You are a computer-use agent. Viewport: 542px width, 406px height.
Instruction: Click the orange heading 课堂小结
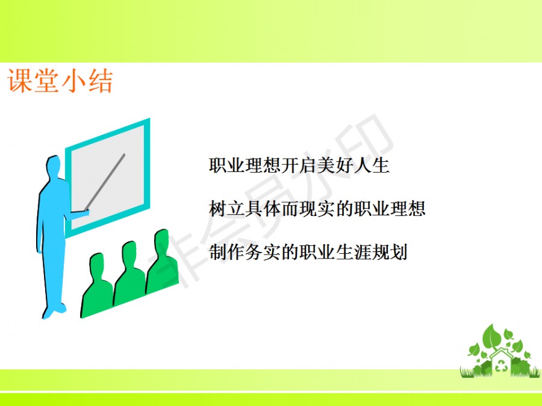60,81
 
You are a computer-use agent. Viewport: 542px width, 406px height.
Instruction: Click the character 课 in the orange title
19,81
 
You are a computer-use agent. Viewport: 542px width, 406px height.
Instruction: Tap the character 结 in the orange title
101,81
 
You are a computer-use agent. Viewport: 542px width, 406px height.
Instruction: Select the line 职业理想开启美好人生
299,165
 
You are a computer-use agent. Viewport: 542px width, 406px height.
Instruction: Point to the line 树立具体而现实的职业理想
317,209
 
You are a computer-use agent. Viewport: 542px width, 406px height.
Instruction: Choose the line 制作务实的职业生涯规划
308,252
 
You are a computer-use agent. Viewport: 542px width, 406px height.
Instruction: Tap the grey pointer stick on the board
105,182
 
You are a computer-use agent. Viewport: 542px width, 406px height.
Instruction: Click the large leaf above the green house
492,337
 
